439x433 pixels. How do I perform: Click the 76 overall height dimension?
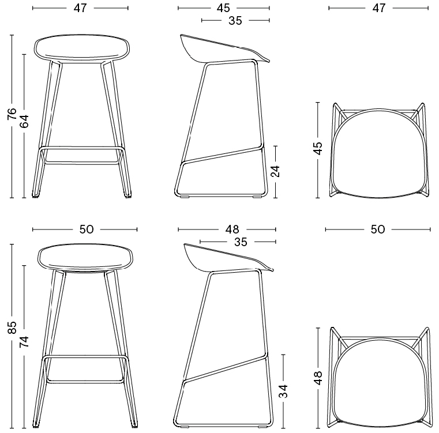(x=12, y=114)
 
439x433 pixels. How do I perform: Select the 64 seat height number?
(x=24, y=121)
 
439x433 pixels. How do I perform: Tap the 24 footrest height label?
(x=276, y=171)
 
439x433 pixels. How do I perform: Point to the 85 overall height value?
(x=12, y=327)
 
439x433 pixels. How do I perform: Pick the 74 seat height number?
(x=24, y=341)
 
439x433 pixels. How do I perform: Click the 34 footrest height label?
(x=283, y=391)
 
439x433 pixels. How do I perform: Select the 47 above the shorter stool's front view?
(x=80, y=8)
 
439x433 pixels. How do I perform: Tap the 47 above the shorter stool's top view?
(x=379, y=8)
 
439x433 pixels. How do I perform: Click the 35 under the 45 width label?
(x=235, y=20)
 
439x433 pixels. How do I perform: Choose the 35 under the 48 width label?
(x=241, y=242)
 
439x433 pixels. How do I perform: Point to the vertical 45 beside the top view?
(x=318, y=148)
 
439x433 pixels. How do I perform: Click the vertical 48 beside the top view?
(x=318, y=378)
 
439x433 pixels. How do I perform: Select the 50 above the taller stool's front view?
(x=87, y=229)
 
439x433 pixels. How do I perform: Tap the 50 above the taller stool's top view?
(x=378, y=229)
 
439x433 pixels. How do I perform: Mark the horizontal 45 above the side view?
(x=223, y=8)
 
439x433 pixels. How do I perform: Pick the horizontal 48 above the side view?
(x=232, y=229)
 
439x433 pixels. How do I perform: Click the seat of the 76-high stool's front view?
(x=81, y=48)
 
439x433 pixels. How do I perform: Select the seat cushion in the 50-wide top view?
(x=382, y=383)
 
